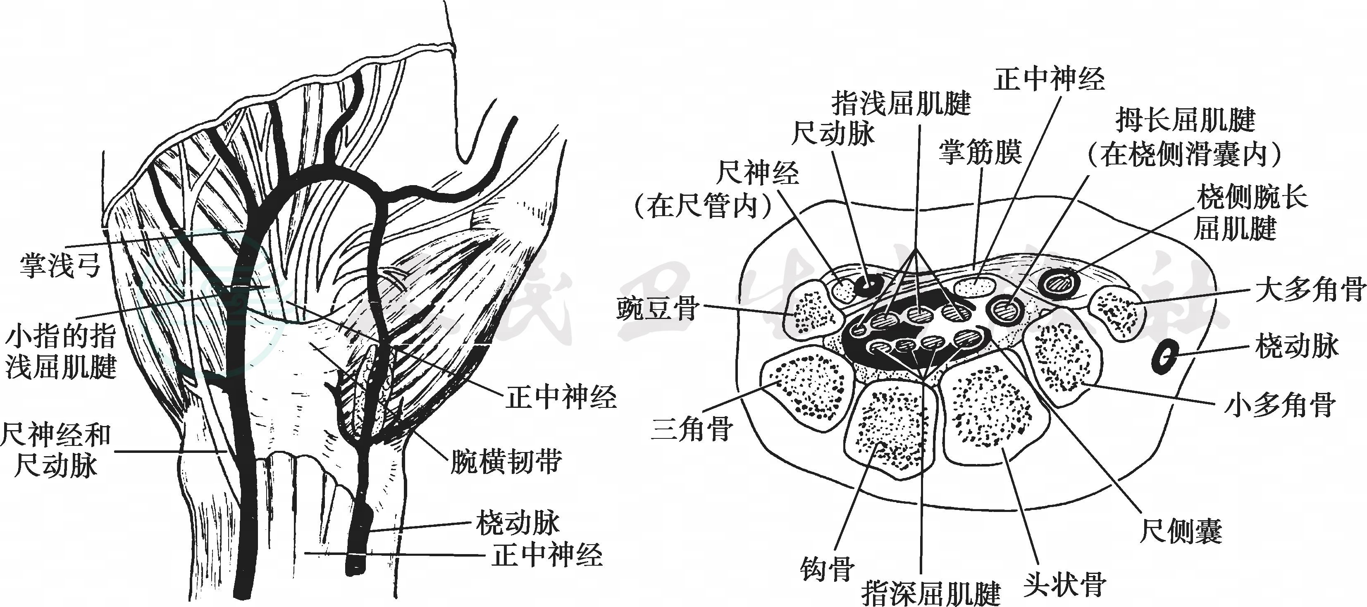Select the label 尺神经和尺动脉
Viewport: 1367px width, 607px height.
click(x=56, y=450)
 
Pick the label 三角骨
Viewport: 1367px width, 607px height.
click(x=692, y=429)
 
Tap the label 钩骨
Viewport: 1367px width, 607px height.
click(x=827, y=570)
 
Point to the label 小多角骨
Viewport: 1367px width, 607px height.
click(x=1280, y=406)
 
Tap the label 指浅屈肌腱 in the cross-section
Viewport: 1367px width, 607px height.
click(x=901, y=102)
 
